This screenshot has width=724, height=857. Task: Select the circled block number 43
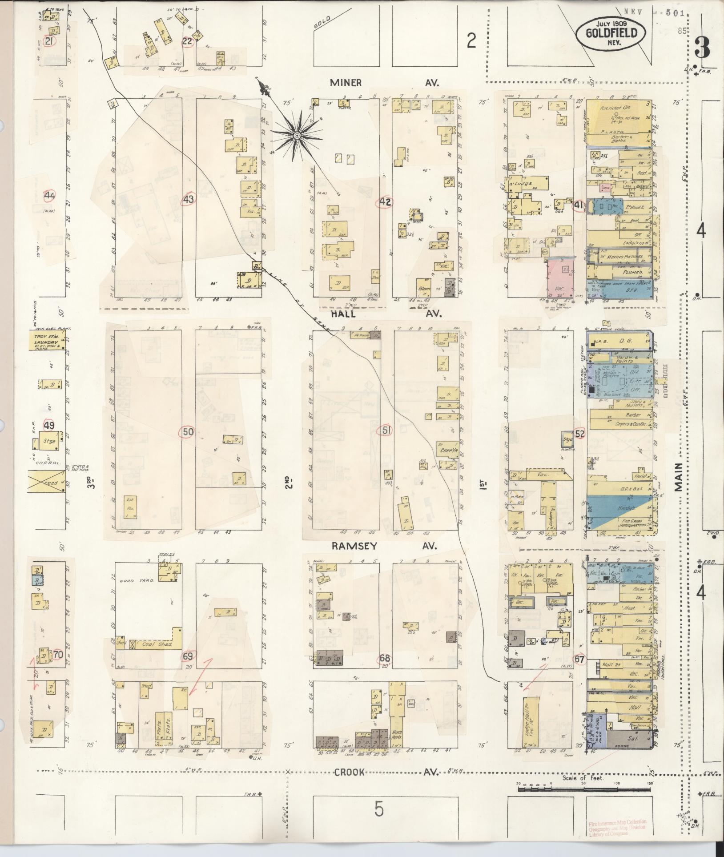[x=189, y=200]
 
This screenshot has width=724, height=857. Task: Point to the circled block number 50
[x=188, y=431]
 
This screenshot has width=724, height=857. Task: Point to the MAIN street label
[x=678, y=476]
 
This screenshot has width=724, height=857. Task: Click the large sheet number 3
[x=701, y=48]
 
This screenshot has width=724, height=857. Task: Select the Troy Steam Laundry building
[x=47, y=342]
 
